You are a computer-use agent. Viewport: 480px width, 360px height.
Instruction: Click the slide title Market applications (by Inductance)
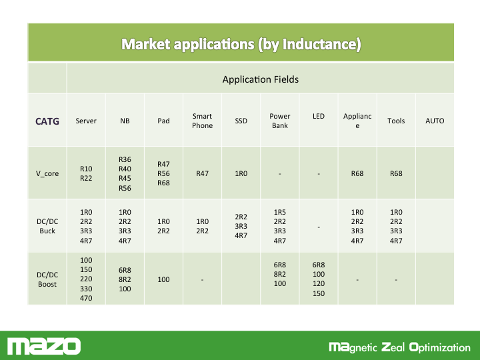point(241,44)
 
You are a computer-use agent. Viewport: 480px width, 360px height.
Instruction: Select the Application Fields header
point(261,79)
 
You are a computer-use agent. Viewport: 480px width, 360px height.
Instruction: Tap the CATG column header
point(47,121)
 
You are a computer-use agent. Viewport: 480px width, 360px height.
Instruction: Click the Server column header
point(86,121)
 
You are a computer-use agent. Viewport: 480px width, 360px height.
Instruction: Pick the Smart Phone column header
point(203,121)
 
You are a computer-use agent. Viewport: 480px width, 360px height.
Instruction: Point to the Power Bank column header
point(280,121)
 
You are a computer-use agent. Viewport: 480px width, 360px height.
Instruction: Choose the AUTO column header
point(435,121)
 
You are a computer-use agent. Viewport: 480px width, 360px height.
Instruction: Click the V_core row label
point(47,173)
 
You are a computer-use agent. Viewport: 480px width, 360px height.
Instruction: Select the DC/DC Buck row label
point(47,226)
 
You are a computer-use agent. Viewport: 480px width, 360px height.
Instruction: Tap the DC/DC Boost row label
point(47,279)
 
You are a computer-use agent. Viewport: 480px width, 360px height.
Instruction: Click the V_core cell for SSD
point(241,173)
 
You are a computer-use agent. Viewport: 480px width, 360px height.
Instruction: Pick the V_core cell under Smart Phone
point(203,173)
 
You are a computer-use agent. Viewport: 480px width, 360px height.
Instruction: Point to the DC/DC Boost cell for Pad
point(163,279)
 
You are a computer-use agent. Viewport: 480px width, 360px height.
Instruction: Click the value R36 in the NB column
point(125,159)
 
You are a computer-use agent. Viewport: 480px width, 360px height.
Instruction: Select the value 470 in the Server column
point(86,298)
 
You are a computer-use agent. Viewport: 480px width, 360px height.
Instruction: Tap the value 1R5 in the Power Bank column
point(280,212)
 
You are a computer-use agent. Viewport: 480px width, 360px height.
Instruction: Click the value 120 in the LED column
point(319,284)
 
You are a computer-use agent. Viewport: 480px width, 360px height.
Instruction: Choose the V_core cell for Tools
point(396,173)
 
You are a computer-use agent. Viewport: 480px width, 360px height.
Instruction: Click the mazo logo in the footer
point(44,346)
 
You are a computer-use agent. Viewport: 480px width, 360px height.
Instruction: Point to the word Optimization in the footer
point(440,347)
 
